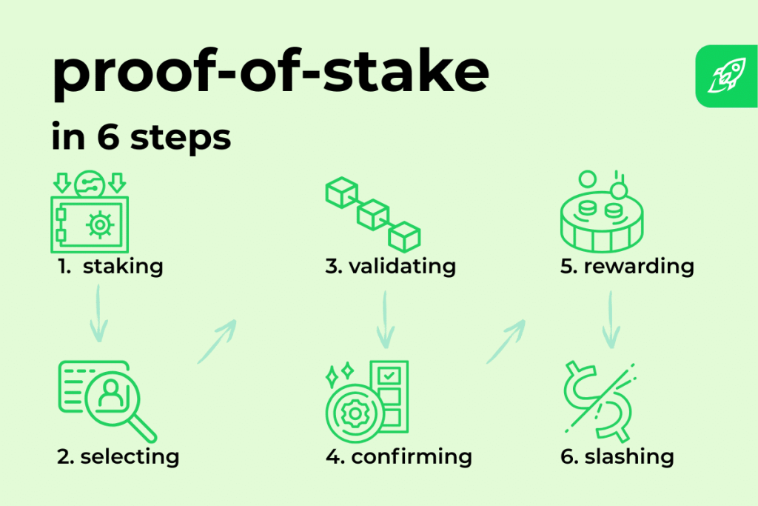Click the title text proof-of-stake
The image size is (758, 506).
coord(271,73)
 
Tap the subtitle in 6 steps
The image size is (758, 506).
coord(141,137)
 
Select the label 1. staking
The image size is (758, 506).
coord(110,267)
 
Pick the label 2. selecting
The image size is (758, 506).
coord(118,457)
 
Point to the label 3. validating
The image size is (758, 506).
coord(391,267)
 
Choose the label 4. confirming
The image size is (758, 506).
coord(399,457)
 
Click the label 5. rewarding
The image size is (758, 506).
coord(627,267)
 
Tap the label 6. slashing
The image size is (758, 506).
coord(617,456)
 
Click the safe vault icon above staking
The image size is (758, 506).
coord(90,212)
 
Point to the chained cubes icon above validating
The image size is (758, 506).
coord(373,214)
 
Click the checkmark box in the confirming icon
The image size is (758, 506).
coord(389,375)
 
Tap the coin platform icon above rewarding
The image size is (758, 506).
coord(602,211)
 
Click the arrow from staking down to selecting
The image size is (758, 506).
coord(98,313)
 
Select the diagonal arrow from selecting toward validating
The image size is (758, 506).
coord(217,341)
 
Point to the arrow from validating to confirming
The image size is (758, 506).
coord(385,319)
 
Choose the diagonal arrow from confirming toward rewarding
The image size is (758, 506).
coord(506,341)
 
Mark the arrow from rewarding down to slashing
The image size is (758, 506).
coord(611,319)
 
